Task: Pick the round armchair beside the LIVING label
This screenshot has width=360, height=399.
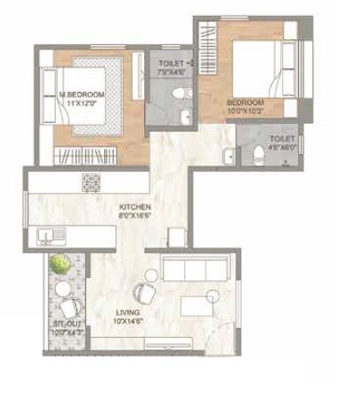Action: click(x=142, y=292)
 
